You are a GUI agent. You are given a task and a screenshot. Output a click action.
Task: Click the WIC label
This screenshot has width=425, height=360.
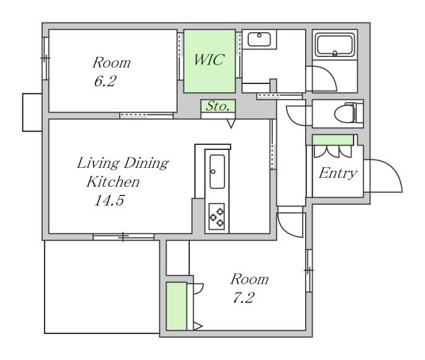point(209,60)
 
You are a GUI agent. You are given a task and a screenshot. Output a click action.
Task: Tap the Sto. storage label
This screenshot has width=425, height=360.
point(218,106)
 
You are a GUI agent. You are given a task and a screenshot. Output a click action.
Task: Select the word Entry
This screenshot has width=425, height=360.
point(338,173)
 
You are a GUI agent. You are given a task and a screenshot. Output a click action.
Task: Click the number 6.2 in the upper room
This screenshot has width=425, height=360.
point(105,81)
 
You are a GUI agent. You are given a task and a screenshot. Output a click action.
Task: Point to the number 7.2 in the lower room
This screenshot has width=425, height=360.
point(243,298)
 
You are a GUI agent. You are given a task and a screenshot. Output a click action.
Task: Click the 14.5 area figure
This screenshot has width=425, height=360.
point(109,200)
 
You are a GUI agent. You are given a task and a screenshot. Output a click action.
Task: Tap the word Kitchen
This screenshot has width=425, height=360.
point(113,181)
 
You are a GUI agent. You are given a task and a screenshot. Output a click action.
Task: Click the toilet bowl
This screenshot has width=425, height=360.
point(345,114)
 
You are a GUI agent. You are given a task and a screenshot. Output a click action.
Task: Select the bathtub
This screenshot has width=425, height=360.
point(335,45)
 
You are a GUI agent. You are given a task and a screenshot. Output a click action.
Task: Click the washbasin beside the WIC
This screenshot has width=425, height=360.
point(259,40)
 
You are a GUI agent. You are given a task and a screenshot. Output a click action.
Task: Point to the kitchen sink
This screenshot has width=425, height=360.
point(217,172)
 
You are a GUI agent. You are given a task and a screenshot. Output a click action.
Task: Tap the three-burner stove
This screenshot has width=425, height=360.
point(217,217)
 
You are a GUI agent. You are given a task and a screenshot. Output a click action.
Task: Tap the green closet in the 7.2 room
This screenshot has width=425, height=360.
point(176,306)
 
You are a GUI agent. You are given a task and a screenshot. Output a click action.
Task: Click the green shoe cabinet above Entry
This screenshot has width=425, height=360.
point(333,140)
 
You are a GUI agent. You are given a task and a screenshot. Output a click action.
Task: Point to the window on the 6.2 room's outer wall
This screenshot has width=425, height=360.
point(45,58)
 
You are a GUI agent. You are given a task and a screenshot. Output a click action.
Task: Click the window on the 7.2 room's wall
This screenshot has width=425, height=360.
point(309,271)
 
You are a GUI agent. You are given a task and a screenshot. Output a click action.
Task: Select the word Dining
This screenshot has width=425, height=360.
point(146,163)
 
